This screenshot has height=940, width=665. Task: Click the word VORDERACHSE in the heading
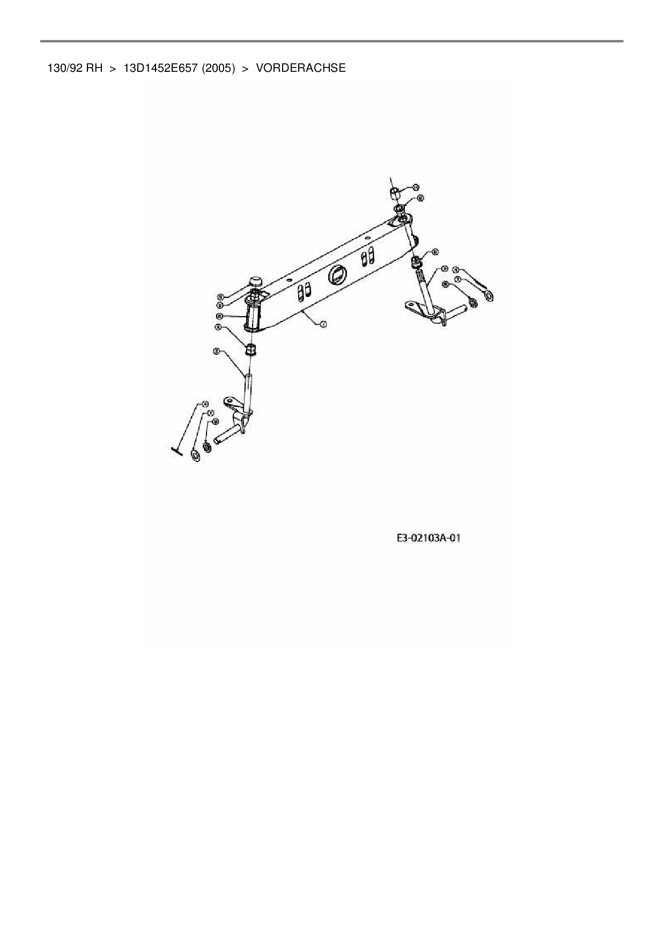tap(301, 68)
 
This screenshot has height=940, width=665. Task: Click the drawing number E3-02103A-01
tap(429, 538)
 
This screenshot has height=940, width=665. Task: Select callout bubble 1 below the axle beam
tap(323, 324)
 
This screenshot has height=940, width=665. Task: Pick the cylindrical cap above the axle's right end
tap(394, 192)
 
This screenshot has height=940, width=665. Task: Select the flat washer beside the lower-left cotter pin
tap(196, 456)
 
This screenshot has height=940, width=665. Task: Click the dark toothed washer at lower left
tap(207, 446)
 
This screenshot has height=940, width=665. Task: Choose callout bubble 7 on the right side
tap(457, 279)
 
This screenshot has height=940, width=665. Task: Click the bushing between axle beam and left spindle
tap(250, 350)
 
